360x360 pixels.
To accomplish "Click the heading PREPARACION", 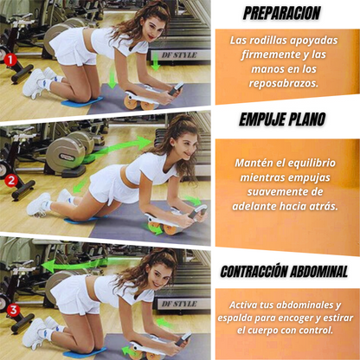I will [281, 14].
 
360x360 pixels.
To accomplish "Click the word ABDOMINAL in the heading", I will [318, 272].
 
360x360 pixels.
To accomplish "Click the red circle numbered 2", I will [11, 181].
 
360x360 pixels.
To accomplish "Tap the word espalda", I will [247, 319].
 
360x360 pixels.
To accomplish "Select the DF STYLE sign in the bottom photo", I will [179, 304].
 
